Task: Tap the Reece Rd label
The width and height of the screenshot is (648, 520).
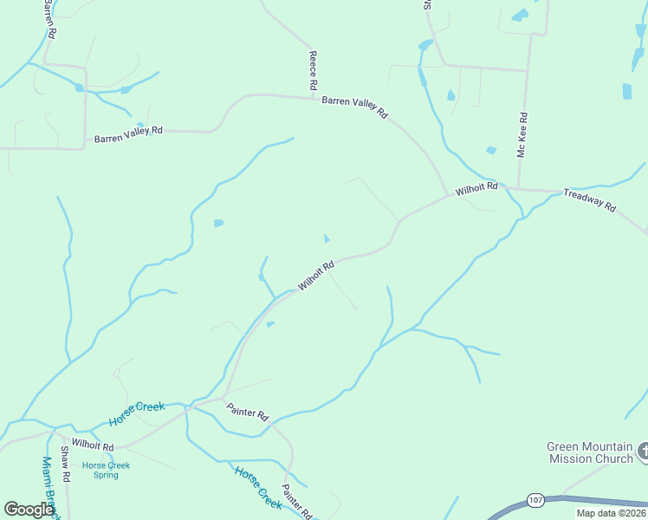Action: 314,71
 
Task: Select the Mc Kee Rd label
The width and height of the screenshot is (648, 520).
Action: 522,135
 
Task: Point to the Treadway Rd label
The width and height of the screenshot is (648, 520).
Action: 589,200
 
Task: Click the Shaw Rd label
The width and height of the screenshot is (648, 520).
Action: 65,465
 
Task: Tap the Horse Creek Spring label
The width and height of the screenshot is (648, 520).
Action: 106,470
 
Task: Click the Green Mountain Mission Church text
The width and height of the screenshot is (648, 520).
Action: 590,452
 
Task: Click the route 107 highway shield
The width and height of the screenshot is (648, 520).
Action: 535,500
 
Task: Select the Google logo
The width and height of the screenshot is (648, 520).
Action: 29,510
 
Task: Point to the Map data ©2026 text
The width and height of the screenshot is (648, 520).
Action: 611,513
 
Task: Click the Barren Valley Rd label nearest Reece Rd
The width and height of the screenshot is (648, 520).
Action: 354,107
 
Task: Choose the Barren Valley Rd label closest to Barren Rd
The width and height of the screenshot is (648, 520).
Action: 128,134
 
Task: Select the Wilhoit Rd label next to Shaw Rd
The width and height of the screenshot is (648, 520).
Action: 93,444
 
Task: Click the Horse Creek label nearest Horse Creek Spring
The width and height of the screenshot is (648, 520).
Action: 137,413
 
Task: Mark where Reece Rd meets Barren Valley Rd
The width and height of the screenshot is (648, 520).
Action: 314,97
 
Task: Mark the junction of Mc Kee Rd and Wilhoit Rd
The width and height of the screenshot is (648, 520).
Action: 522,188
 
